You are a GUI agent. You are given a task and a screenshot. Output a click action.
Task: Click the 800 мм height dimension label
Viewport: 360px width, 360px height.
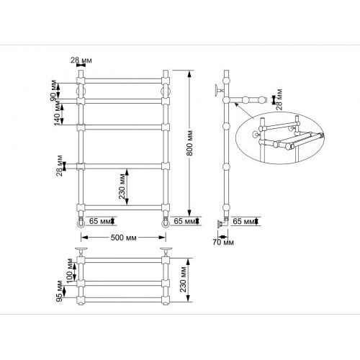click(189, 143)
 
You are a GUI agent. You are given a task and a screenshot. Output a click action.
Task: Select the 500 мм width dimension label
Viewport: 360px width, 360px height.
click(123, 238)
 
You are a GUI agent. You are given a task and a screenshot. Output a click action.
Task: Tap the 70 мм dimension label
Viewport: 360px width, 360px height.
click(223, 243)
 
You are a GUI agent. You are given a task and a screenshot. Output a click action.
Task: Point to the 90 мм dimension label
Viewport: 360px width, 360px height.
click(54, 90)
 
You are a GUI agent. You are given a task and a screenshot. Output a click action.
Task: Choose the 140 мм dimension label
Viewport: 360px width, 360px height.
click(58, 114)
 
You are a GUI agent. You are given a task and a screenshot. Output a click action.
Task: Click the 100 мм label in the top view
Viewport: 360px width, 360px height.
click(70, 271)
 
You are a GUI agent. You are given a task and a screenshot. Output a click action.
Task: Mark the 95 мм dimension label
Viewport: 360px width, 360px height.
click(60, 291)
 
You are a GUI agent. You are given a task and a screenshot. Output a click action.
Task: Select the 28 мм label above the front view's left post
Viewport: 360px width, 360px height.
click(81, 60)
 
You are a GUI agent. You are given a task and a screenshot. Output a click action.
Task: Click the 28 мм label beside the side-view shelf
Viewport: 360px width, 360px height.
click(279, 99)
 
